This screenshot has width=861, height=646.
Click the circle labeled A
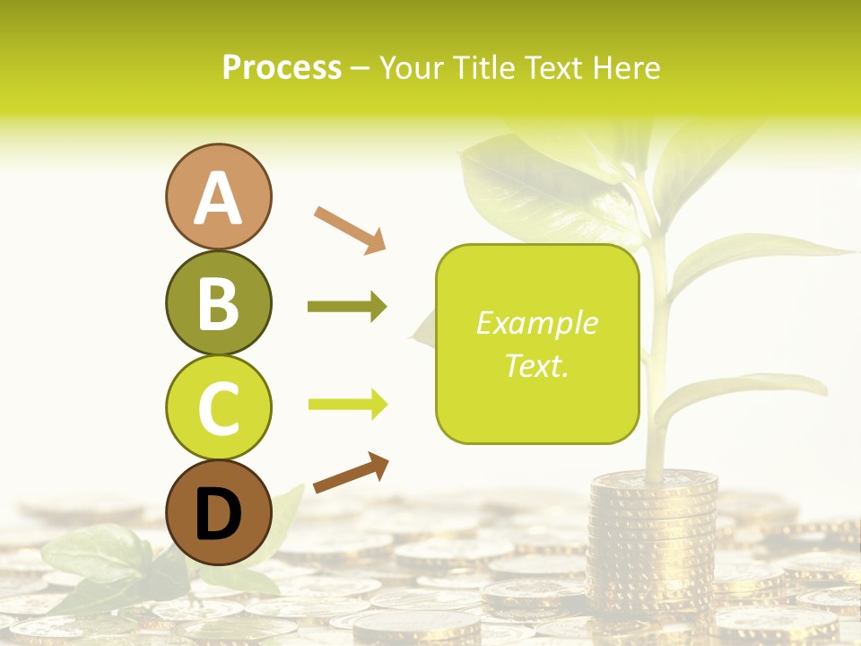coord(218,196)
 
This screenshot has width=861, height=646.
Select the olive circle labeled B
coord(218,302)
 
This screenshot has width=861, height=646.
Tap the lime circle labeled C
coord(218,407)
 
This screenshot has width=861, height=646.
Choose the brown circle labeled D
coord(218,512)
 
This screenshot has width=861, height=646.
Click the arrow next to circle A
coord(350,229)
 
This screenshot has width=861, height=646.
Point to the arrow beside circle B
coord(347,307)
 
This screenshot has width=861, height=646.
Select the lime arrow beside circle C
coord(347,405)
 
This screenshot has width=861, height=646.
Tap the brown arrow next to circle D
coord(351,473)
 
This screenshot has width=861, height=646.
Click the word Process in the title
coord(282,68)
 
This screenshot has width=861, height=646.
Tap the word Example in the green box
coord(537,323)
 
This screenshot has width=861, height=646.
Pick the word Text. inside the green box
coord(537,365)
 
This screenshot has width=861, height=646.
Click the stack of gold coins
coord(652,538)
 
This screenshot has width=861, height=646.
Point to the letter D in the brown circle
coord(218,514)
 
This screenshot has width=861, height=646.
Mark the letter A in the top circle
coord(218,198)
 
